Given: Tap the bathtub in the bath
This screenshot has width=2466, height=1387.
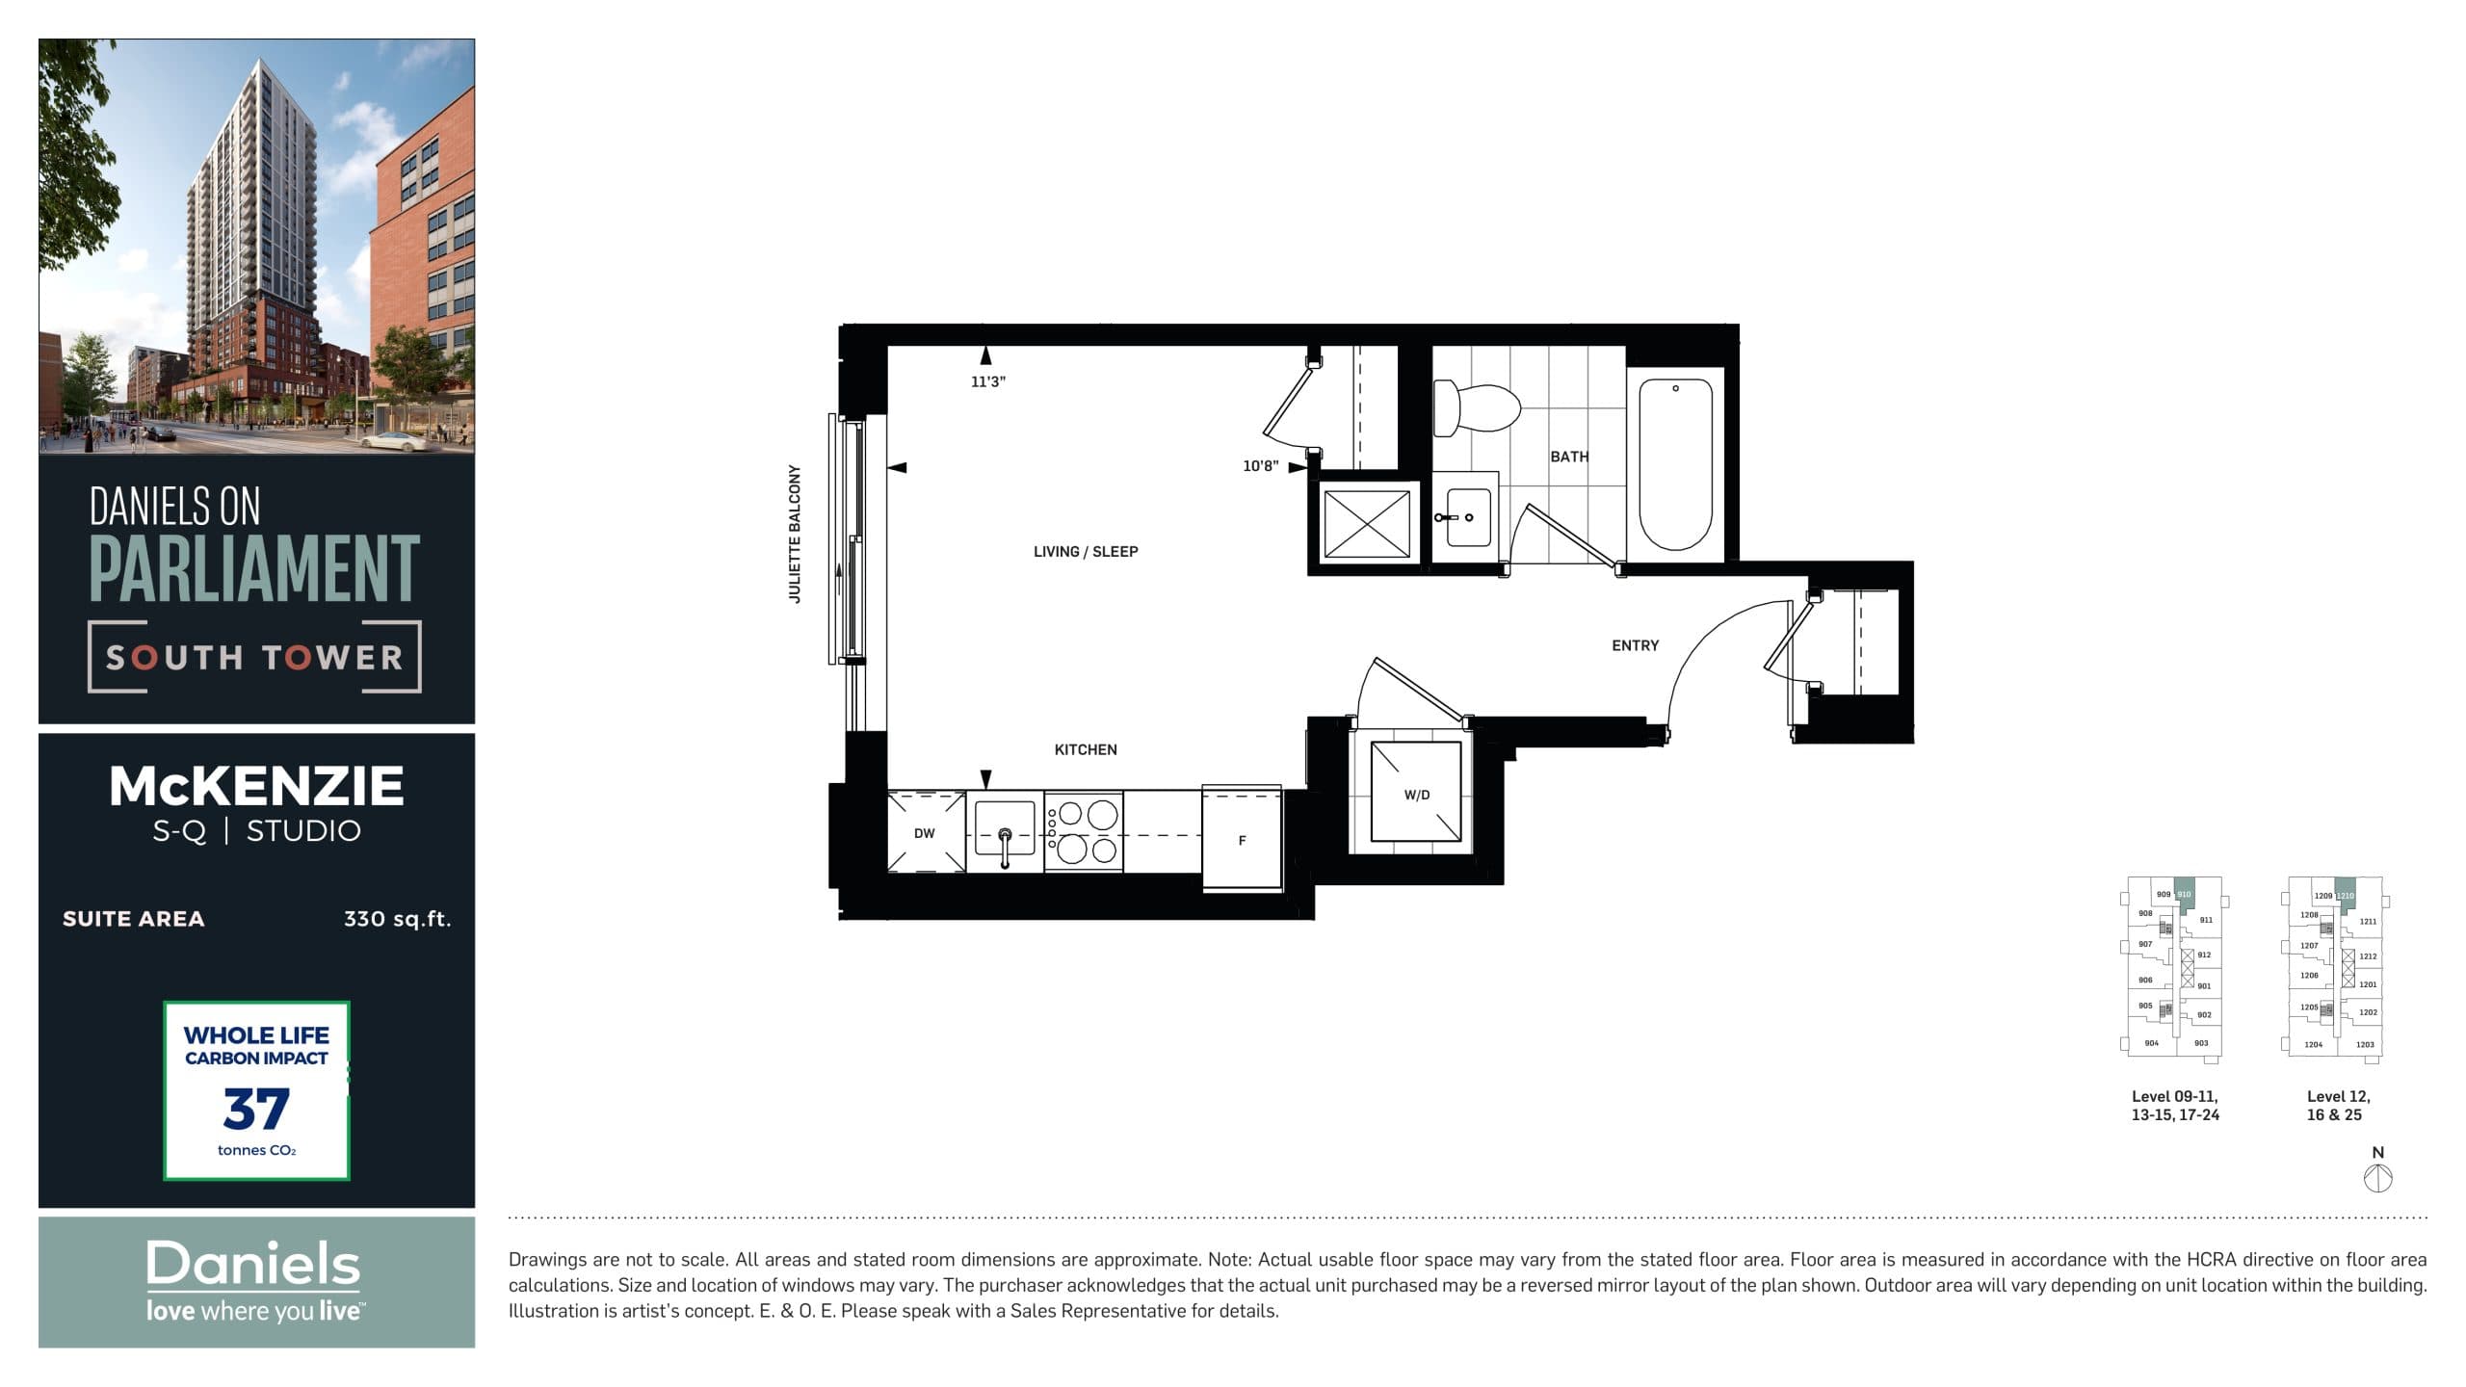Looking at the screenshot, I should coord(1675,463).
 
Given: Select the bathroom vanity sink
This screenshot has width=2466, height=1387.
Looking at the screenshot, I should coord(1465,517).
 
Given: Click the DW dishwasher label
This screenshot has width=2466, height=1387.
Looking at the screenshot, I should coord(924,833).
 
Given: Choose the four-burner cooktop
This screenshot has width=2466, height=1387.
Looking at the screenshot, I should coord(1084,832).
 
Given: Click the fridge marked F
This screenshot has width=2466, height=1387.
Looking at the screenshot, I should coord(1242,840).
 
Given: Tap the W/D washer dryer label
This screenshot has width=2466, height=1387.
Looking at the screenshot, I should coord(1416,795).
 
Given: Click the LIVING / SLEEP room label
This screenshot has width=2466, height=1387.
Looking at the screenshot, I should coord(1085,552).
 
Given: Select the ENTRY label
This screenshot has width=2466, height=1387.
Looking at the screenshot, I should coord(1635,645).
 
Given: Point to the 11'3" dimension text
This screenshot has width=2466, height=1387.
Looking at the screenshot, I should coord(987,381).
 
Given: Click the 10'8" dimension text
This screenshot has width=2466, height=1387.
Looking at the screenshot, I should coord(1260,466).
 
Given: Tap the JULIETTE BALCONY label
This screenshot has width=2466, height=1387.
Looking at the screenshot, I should coord(795,534).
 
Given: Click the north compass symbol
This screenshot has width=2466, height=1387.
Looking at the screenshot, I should coord(2377,1177).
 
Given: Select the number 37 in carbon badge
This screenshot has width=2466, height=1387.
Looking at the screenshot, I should coord(255,1110).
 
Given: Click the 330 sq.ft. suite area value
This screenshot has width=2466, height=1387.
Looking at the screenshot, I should coord(397,919).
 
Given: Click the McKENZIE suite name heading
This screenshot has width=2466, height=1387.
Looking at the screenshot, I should coord(256,786).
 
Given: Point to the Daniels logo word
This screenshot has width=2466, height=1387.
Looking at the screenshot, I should coord(252,1264).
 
